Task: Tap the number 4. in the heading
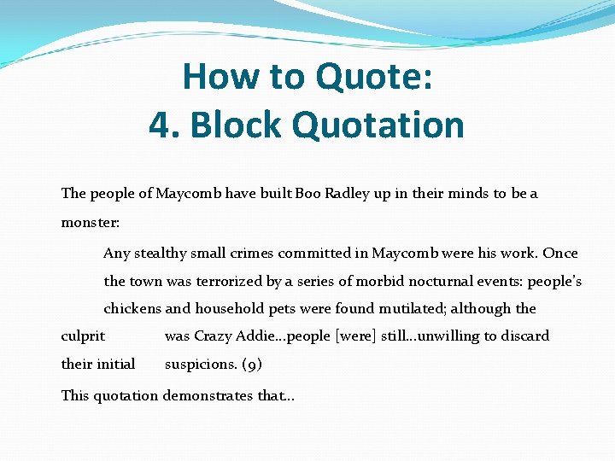[x=164, y=125]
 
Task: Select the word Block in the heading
[x=237, y=125]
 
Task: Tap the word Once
[x=560, y=253]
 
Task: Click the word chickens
[x=132, y=308]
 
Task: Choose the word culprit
[x=83, y=336]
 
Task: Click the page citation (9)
[x=252, y=365]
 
